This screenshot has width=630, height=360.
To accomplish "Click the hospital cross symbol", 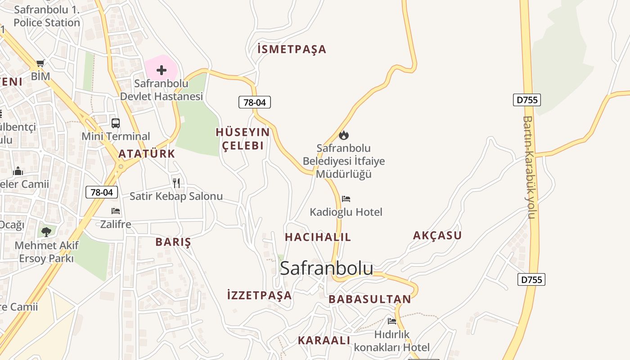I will [x=161, y=70].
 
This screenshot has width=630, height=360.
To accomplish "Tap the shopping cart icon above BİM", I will [x=40, y=63].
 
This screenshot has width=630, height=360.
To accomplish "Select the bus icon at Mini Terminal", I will [x=116, y=123].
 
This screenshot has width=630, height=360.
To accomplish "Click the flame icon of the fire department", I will [x=344, y=135].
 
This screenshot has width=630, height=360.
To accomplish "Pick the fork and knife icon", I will [x=176, y=183].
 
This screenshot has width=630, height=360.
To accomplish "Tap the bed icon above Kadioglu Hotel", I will [x=346, y=198].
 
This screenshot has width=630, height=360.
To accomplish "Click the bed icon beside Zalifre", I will [x=116, y=211].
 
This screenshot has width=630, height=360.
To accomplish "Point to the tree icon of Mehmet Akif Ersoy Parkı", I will [x=46, y=232].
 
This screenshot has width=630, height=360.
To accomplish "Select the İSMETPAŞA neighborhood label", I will [x=292, y=49].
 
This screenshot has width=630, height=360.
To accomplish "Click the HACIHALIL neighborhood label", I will [x=318, y=237].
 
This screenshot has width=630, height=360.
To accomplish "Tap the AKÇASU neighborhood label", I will [x=437, y=235].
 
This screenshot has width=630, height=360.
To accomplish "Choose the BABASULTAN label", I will [x=369, y=299].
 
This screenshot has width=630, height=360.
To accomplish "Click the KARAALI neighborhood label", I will [x=324, y=340].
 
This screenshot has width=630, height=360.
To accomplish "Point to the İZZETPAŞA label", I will [x=260, y=296].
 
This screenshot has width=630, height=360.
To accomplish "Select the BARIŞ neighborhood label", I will [x=173, y=242].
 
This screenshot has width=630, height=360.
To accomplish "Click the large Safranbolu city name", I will [x=326, y=268].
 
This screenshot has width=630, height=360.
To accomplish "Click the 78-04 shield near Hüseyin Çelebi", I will [x=255, y=102].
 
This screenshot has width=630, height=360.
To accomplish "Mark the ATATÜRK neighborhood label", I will [x=147, y=154].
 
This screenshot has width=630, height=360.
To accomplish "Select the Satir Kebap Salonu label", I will [x=176, y=196].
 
